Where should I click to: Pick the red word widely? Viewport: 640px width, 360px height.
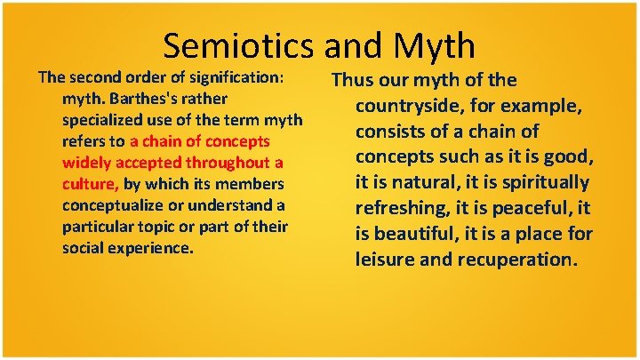(x=85, y=163)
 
